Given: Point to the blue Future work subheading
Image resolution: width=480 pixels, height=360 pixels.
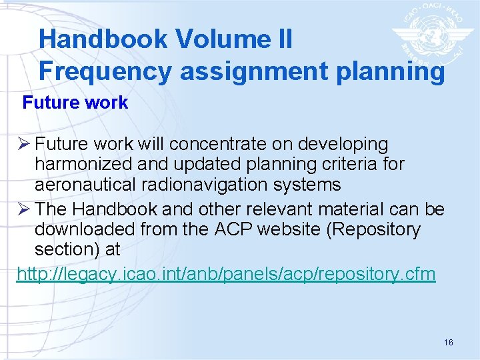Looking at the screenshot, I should [x=75, y=103].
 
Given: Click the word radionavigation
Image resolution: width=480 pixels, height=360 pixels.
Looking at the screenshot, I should [x=214, y=185].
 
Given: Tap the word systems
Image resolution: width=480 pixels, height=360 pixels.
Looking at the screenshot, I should [x=309, y=185].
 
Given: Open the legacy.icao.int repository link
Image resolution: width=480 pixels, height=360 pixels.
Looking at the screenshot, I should [x=226, y=273].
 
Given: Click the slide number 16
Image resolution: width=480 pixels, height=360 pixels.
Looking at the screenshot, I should [x=448, y=342].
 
